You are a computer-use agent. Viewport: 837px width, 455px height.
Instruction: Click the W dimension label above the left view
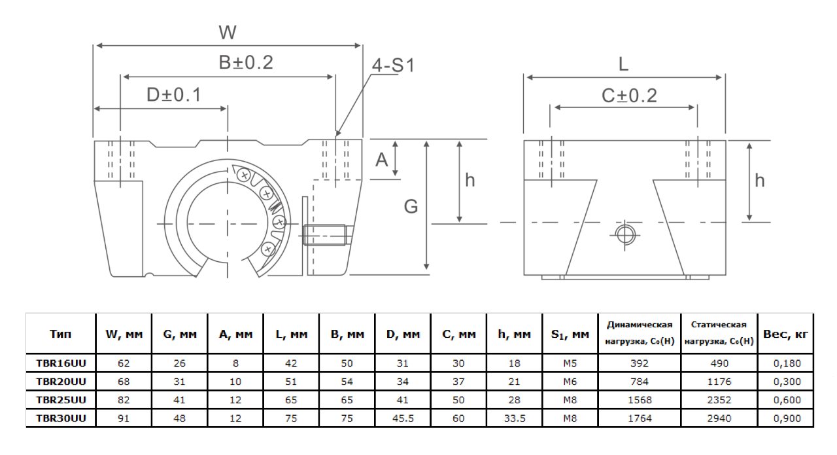(x=227, y=32)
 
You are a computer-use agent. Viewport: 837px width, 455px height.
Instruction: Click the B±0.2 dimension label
(x=245, y=63)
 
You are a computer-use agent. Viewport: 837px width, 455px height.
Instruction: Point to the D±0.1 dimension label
(x=173, y=96)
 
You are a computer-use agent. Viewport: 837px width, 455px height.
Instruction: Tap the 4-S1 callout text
(x=393, y=65)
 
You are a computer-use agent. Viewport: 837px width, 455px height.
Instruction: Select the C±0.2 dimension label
(x=629, y=96)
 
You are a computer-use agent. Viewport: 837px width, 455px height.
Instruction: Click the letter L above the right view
(x=623, y=64)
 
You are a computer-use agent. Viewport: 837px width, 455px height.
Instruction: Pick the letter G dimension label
(x=411, y=207)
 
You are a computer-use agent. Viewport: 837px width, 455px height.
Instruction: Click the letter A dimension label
(x=382, y=159)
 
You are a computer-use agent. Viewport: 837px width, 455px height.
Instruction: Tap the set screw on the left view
(x=325, y=234)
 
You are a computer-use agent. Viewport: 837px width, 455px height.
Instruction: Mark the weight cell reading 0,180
(x=785, y=363)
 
